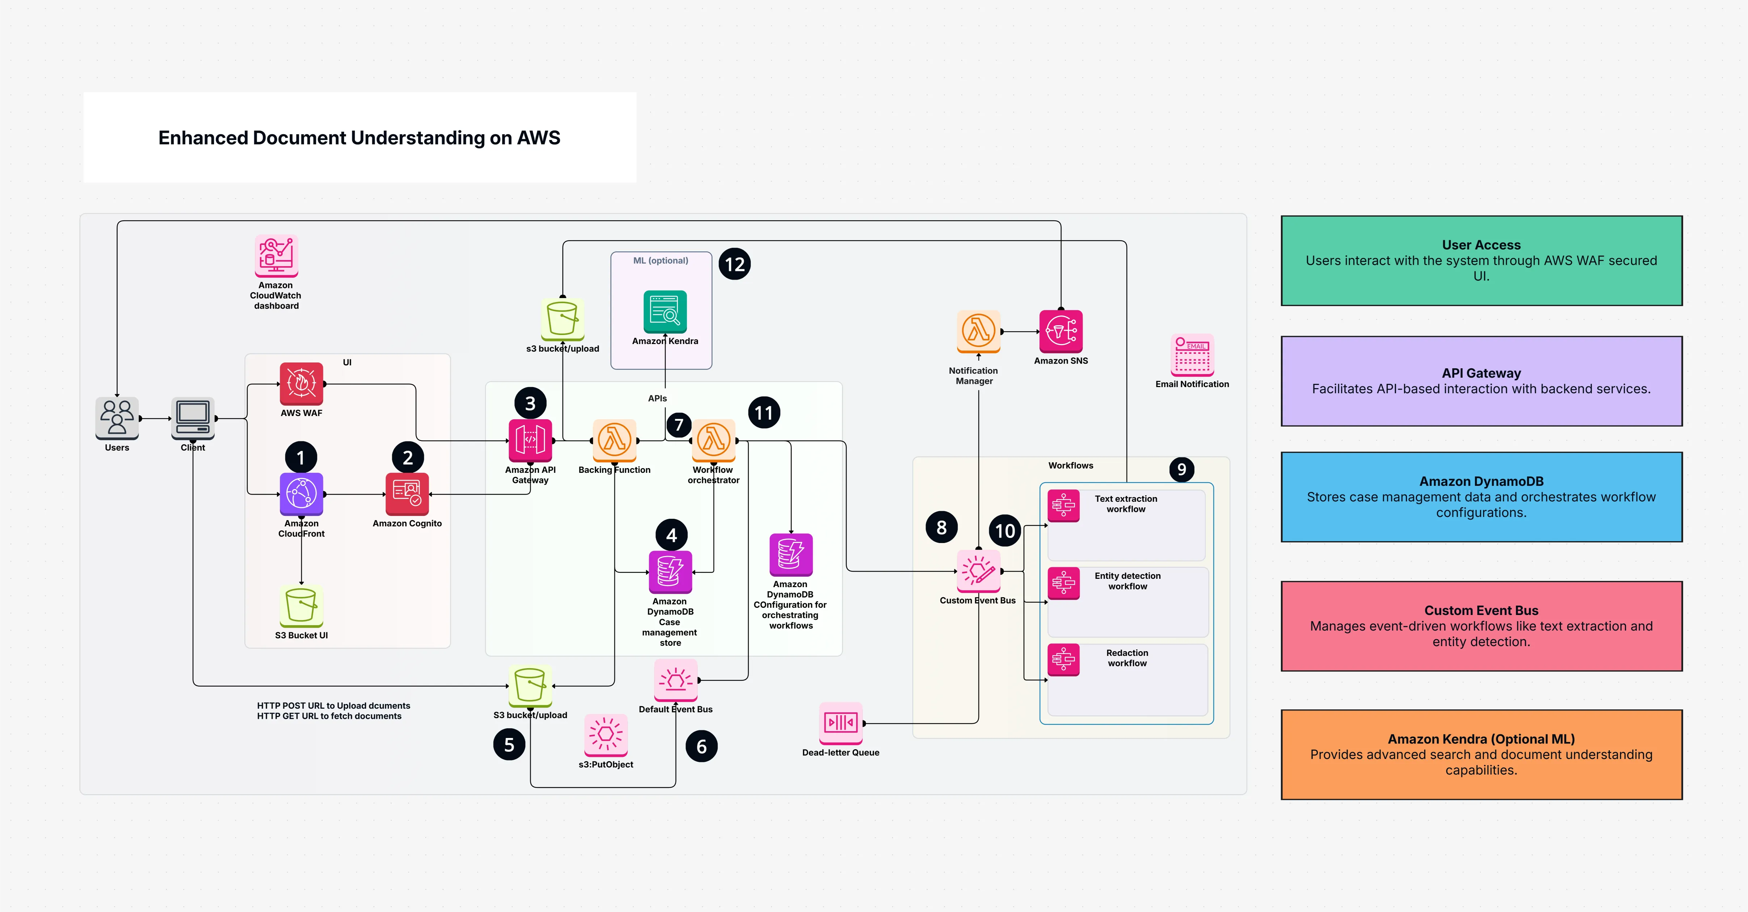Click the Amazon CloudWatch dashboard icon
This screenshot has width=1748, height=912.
[x=276, y=256]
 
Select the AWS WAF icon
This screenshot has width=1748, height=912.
[x=301, y=384]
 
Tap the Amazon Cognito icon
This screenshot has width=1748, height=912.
[x=407, y=494]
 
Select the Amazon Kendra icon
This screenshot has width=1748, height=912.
[x=665, y=312]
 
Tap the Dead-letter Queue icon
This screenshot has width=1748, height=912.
[x=841, y=723]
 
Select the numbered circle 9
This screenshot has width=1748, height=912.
[x=1181, y=469]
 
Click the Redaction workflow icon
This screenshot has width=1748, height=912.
[x=1063, y=659]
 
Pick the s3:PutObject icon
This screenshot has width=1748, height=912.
[x=606, y=734]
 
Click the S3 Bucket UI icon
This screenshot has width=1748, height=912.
[x=301, y=606]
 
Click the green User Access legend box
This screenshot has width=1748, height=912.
[x=1481, y=260]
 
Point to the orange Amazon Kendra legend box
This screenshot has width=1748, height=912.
[x=1481, y=754]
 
